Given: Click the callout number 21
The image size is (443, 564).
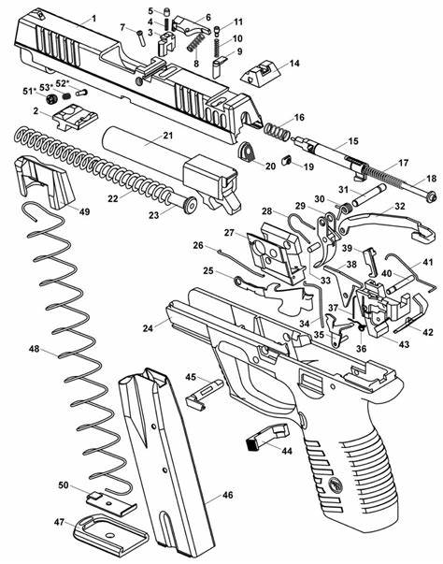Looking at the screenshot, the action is pyautogui.click(x=168, y=136).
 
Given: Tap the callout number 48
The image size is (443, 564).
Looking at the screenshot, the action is pyautogui.click(x=35, y=349).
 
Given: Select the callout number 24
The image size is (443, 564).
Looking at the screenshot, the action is pyautogui.click(x=148, y=328).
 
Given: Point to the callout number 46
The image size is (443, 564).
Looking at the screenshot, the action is pyautogui.click(x=227, y=495).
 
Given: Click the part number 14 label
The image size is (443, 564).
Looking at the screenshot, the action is pyautogui.click(x=294, y=64).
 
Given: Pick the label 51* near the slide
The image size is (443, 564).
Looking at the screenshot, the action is pyautogui.click(x=29, y=91).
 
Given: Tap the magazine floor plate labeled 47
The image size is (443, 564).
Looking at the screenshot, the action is pyautogui.click(x=111, y=534).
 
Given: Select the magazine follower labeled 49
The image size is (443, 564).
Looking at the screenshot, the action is pyautogui.click(x=44, y=181).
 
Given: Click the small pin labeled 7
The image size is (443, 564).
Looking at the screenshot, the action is pyautogui.click(x=140, y=37).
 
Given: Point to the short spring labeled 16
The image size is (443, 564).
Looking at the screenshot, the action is pyautogui.click(x=276, y=131).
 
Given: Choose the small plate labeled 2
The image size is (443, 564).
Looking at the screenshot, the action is pyautogui.click(x=75, y=117).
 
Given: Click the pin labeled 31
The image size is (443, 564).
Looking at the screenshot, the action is pyautogui.click(x=369, y=195).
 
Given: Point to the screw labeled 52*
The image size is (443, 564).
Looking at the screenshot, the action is pyautogui.click(x=82, y=93).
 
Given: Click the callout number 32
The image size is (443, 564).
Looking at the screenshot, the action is pyautogui.click(x=399, y=206).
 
